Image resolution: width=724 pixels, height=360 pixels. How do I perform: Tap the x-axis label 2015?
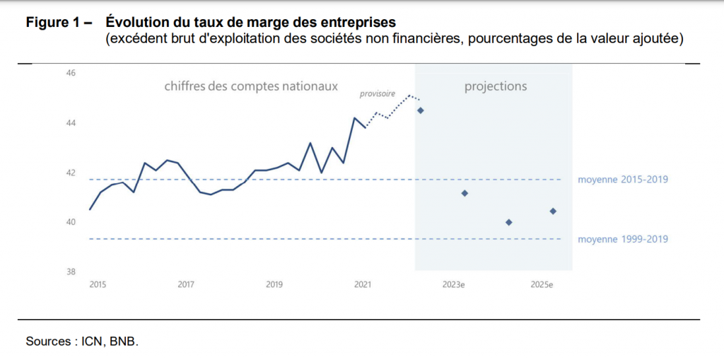(x=98, y=284)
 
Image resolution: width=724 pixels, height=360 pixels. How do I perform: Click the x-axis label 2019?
(x=274, y=284)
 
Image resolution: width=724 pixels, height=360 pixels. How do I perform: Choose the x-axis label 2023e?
(x=453, y=284)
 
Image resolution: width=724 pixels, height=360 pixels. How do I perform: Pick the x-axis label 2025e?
(x=542, y=284)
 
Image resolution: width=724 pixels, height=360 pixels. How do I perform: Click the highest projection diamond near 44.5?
(x=421, y=110)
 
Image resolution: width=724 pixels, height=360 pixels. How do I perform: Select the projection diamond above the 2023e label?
(x=465, y=193)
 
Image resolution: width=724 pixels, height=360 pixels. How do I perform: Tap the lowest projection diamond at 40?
(x=509, y=222)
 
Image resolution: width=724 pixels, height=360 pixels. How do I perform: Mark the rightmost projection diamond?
(x=553, y=211)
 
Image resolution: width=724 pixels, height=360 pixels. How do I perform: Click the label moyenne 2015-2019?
(x=623, y=180)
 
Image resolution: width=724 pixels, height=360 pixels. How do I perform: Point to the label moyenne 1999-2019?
(x=623, y=239)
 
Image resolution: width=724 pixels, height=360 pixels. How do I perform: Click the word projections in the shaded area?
(x=496, y=86)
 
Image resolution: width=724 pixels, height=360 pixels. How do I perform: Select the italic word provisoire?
(x=378, y=93)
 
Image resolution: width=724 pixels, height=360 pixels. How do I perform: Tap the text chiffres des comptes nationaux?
(x=251, y=86)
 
